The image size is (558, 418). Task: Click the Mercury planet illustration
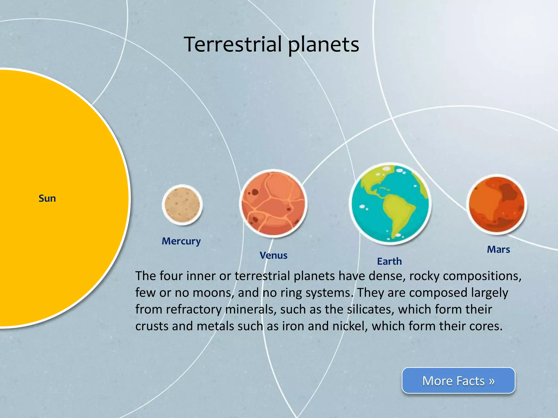[x=182, y=205]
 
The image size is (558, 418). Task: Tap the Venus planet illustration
[x=273, y=203]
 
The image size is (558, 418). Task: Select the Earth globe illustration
[x=390, y=204]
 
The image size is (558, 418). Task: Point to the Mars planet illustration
[x=497, y=205]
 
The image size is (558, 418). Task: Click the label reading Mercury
[x=181, y=241]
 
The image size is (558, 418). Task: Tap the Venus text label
[x=273, y=256]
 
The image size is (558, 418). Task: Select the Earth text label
[x=389, y=261]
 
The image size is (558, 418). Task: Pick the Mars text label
[x=498, y=249]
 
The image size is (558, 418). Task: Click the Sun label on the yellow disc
[x=47, y=198]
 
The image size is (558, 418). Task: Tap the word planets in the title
[x=324, y=45]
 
